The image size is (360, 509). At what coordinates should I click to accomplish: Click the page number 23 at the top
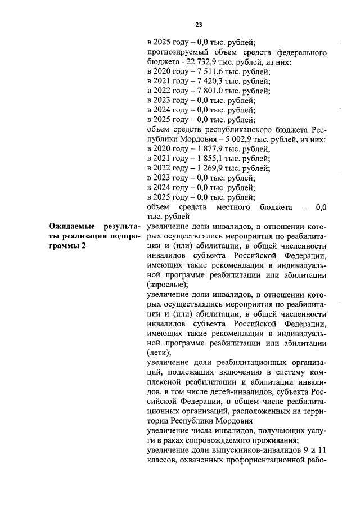pos(199,24)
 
